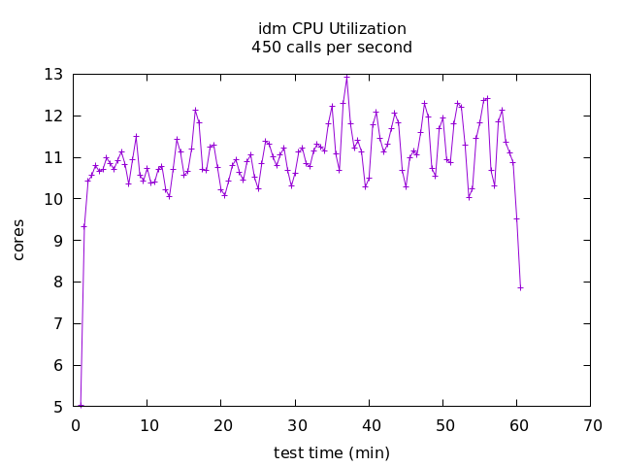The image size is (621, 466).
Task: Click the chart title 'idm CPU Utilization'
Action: pos(332,28)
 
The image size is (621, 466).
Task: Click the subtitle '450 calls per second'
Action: pos(332,47)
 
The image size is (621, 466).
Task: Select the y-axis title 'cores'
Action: pos(18,240)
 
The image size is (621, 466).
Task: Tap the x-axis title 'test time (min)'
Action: pos(332,452)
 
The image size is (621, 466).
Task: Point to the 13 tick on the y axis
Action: pos(53,74)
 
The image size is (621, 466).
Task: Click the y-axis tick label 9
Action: pos(57,241)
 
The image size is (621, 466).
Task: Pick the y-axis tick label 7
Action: pos(57,323)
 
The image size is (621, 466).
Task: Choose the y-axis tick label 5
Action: pos(57,407)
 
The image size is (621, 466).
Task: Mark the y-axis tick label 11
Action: pos(53,157)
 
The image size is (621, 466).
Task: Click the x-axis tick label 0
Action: pos(76,425)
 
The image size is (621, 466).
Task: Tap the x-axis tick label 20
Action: pos(223,425)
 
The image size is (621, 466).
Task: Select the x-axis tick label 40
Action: pos(371,425)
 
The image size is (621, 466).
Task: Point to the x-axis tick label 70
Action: pos(592,425)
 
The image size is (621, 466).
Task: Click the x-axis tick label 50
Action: pos(444,425)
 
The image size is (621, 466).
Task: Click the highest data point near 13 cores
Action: pos(346,76)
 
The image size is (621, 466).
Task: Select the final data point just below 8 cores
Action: pos(520,287)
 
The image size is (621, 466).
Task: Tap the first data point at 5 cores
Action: pos(81,406)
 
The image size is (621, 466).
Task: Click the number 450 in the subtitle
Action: pos(265,47)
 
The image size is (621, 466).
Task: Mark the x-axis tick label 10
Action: pos(149,425)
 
